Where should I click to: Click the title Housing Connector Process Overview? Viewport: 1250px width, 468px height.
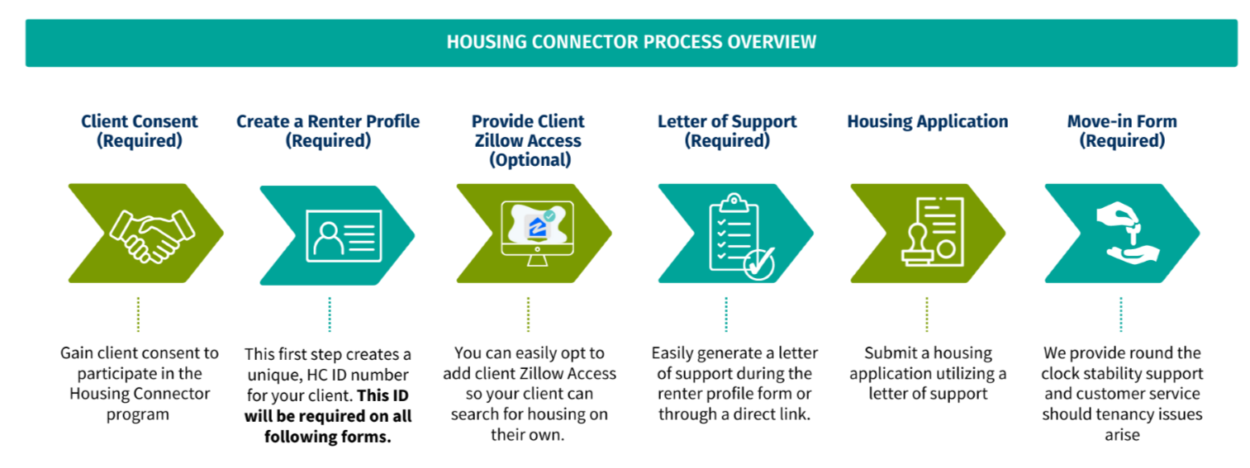click(631, 41)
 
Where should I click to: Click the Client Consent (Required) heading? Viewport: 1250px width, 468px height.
click(139, 130)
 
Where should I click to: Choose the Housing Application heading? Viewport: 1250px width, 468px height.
click(927, 121)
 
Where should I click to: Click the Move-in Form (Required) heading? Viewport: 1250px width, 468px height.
click(1121, 130)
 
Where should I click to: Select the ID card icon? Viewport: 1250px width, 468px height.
click(343, 234)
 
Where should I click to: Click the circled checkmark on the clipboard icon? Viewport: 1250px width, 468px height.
click(759, 264)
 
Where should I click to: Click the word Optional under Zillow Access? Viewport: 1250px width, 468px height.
click(528, 160)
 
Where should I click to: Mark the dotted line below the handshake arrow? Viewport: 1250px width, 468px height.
click(138, 314)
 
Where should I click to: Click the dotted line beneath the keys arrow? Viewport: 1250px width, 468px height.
click(1121, 314)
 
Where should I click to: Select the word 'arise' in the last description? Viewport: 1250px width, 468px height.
click(1121, 435)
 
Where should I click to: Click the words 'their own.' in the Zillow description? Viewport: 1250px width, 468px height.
click(527, 435)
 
